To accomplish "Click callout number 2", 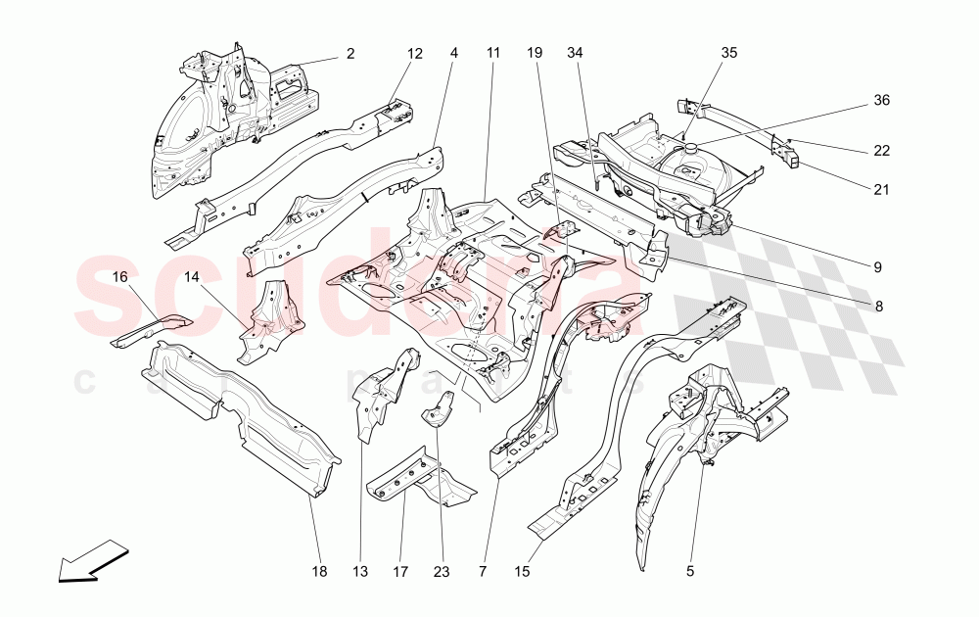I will (x=350, y=54).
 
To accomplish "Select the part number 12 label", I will (x=415, y=54).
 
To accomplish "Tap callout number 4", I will (x=454, y=54).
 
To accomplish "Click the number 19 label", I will (x=535, y=54).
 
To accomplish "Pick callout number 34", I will (x=575, y=54).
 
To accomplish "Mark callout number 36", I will (x=882, y=100).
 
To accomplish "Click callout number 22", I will (x=882, y=151).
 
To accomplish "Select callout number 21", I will (x=882, y=189).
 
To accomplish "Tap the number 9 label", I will (x=878, y=266).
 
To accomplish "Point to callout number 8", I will (x=878, y=306).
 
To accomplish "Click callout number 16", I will (x=120, y=278).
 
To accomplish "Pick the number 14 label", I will (x=192, y=278).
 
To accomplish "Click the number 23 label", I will (x=442, y=571).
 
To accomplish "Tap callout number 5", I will (x=691, y=571).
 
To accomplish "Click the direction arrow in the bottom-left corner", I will (x=94, y=562).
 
